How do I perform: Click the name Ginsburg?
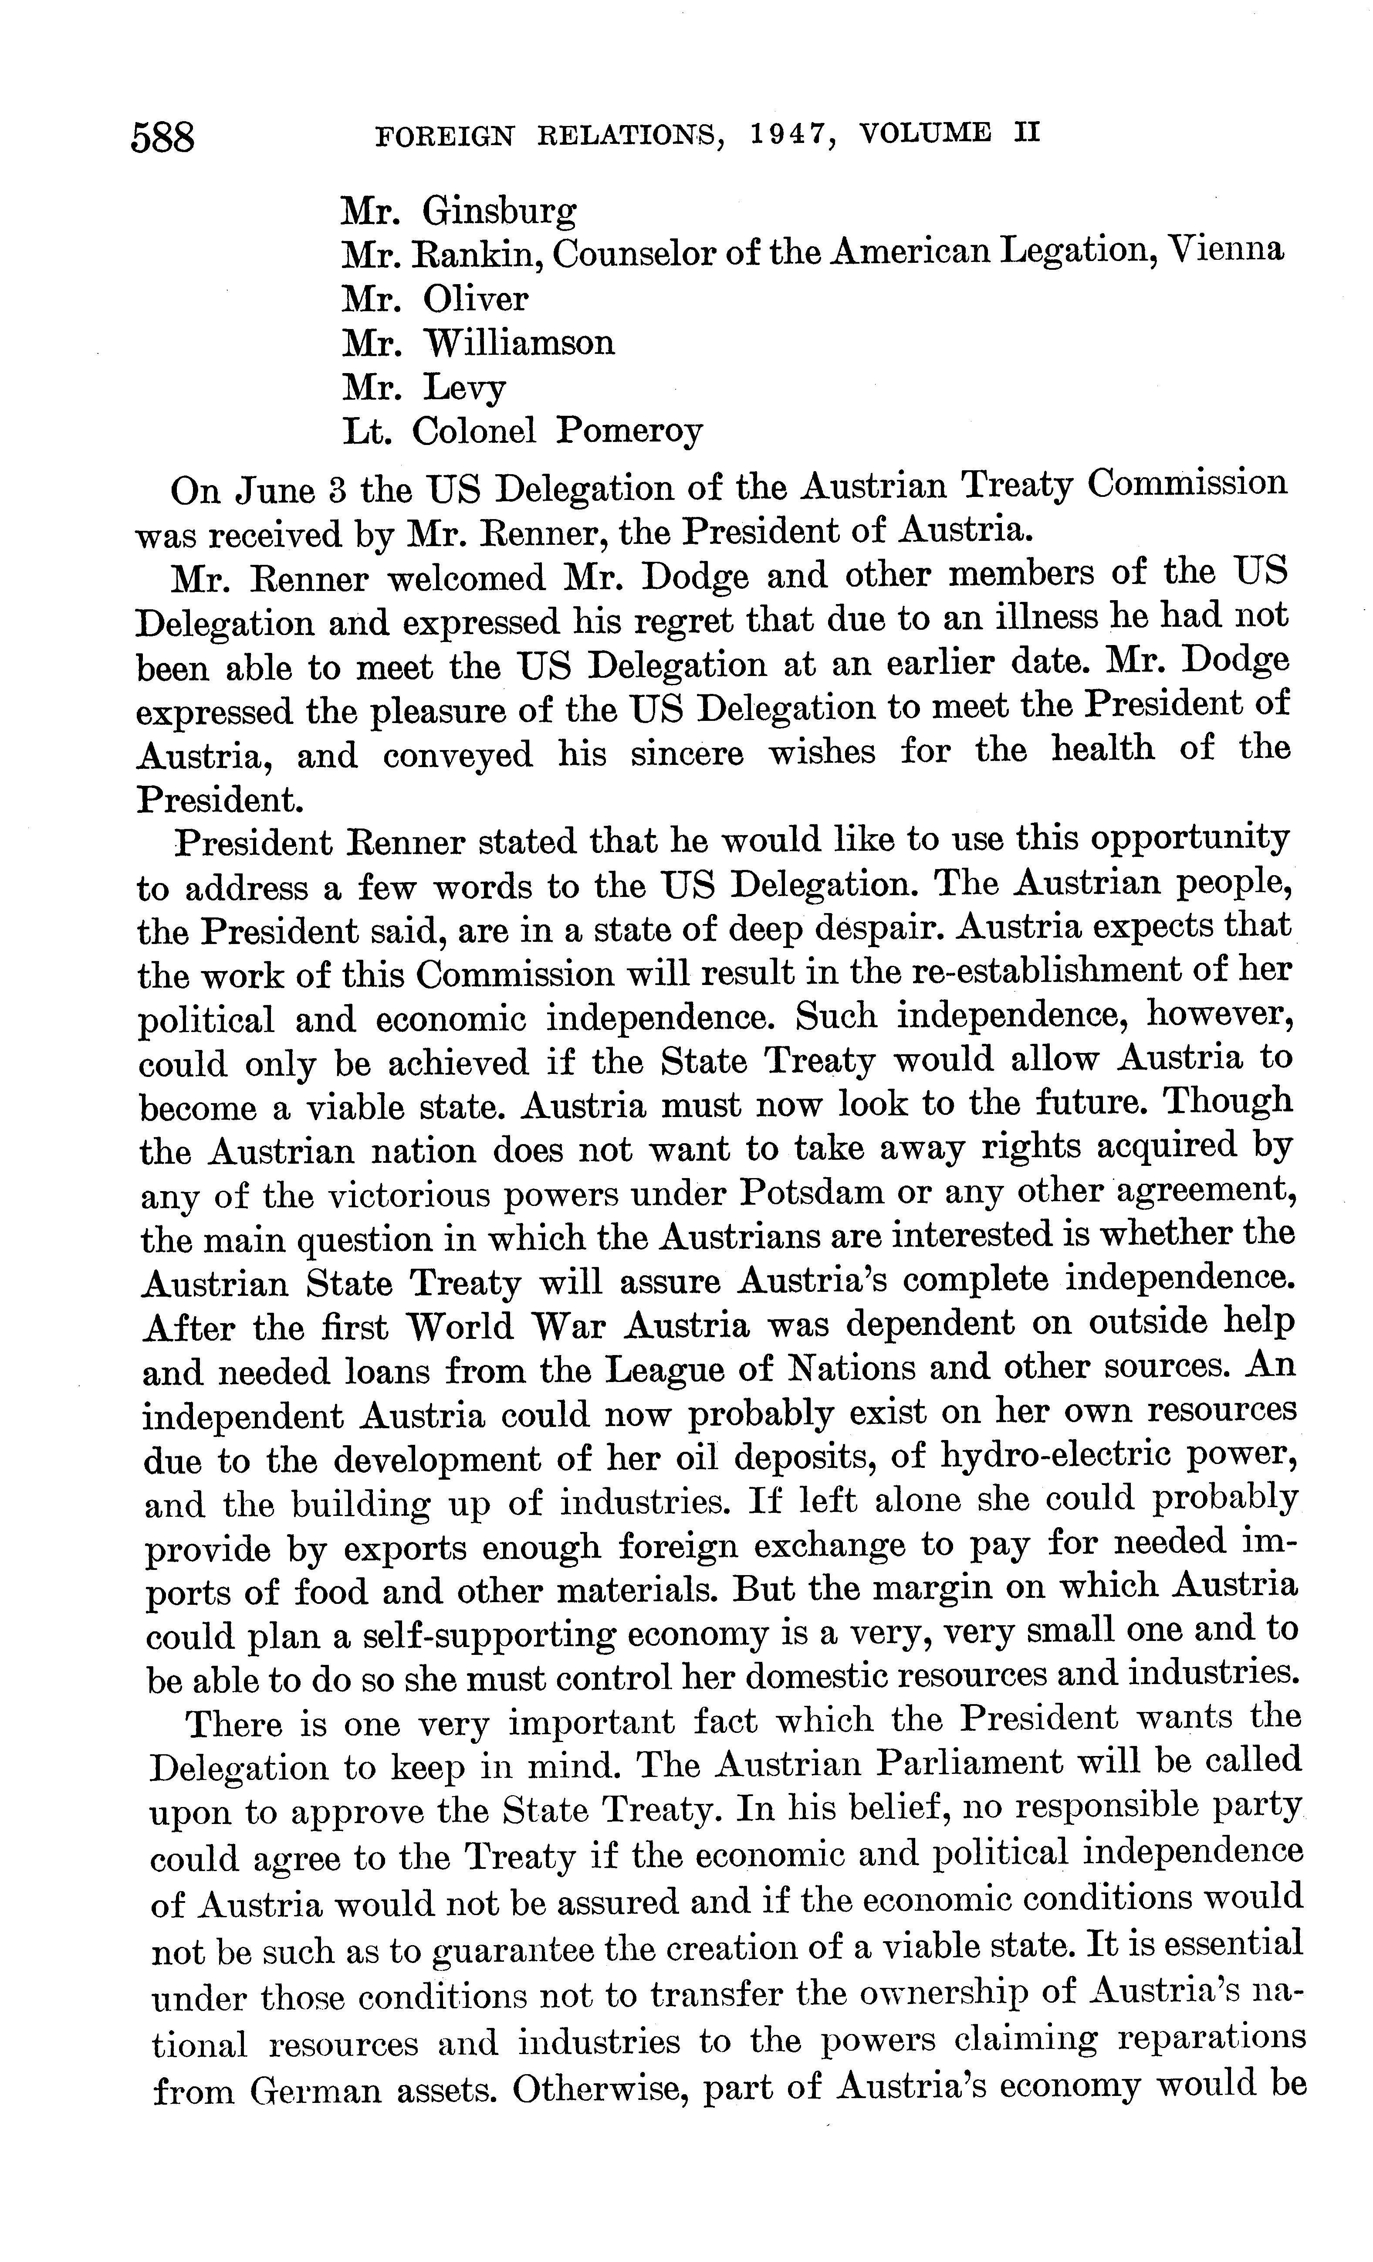point(499,213)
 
